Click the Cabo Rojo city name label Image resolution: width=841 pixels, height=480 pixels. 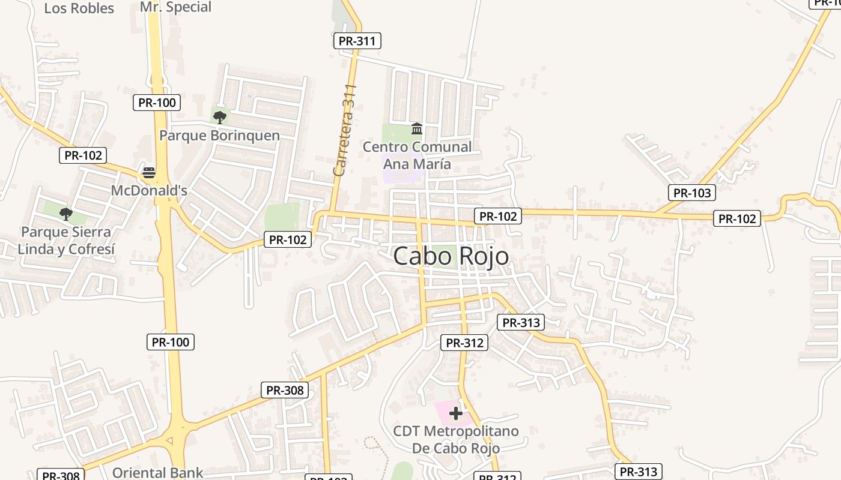click(451, 256)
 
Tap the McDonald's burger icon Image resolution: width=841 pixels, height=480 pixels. click(149, 173)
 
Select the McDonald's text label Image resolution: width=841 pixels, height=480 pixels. click(149, 191)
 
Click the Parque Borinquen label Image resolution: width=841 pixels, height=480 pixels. click(219, 136)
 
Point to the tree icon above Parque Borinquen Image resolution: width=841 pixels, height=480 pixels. click(220, 116)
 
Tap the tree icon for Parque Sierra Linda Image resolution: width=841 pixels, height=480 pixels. click(66, 213)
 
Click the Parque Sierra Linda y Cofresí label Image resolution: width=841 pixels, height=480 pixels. click(66, 241)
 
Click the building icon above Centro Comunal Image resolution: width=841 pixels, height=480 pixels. click(416, 128)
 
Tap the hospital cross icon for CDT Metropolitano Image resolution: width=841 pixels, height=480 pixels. click(456, 413)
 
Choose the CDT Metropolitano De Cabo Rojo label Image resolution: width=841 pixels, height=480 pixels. click(456, 440)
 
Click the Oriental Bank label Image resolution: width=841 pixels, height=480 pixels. click(158, 473)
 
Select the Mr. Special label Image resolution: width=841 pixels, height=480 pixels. click(175, 7)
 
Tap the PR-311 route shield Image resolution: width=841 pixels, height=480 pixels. click(357, 41)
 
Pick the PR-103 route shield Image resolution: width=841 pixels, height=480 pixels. click(692, 193)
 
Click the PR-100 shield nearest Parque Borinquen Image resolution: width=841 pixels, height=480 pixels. click(157, 103)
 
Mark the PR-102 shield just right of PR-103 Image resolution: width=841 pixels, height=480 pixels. click(737, 218)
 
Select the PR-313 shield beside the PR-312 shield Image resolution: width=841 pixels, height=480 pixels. click(521, 322)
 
